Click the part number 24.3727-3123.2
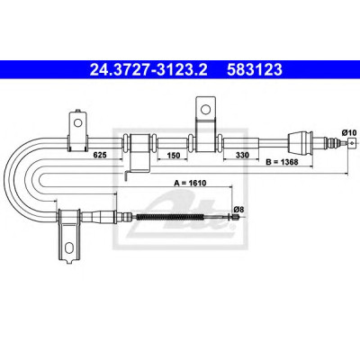pyautogui.click(x=148, y=69)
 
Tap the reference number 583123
pyautogui.click(x=255, y=69)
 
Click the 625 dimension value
pyautogui.click(x=100, y=155)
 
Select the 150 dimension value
pyautogui.click(x=174, y=155)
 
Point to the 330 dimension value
pyautogui.click(x=242, y=155)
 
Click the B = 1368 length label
pyautogui.click(x=283, y=162)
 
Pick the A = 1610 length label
pyautogui.click(x=190, y=183)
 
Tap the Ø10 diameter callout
pyautogui.click(x=348, y=132)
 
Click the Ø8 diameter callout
pyautogui.click(x=237, y=209)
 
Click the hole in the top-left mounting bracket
pyautogui.click(x=78, y=122)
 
